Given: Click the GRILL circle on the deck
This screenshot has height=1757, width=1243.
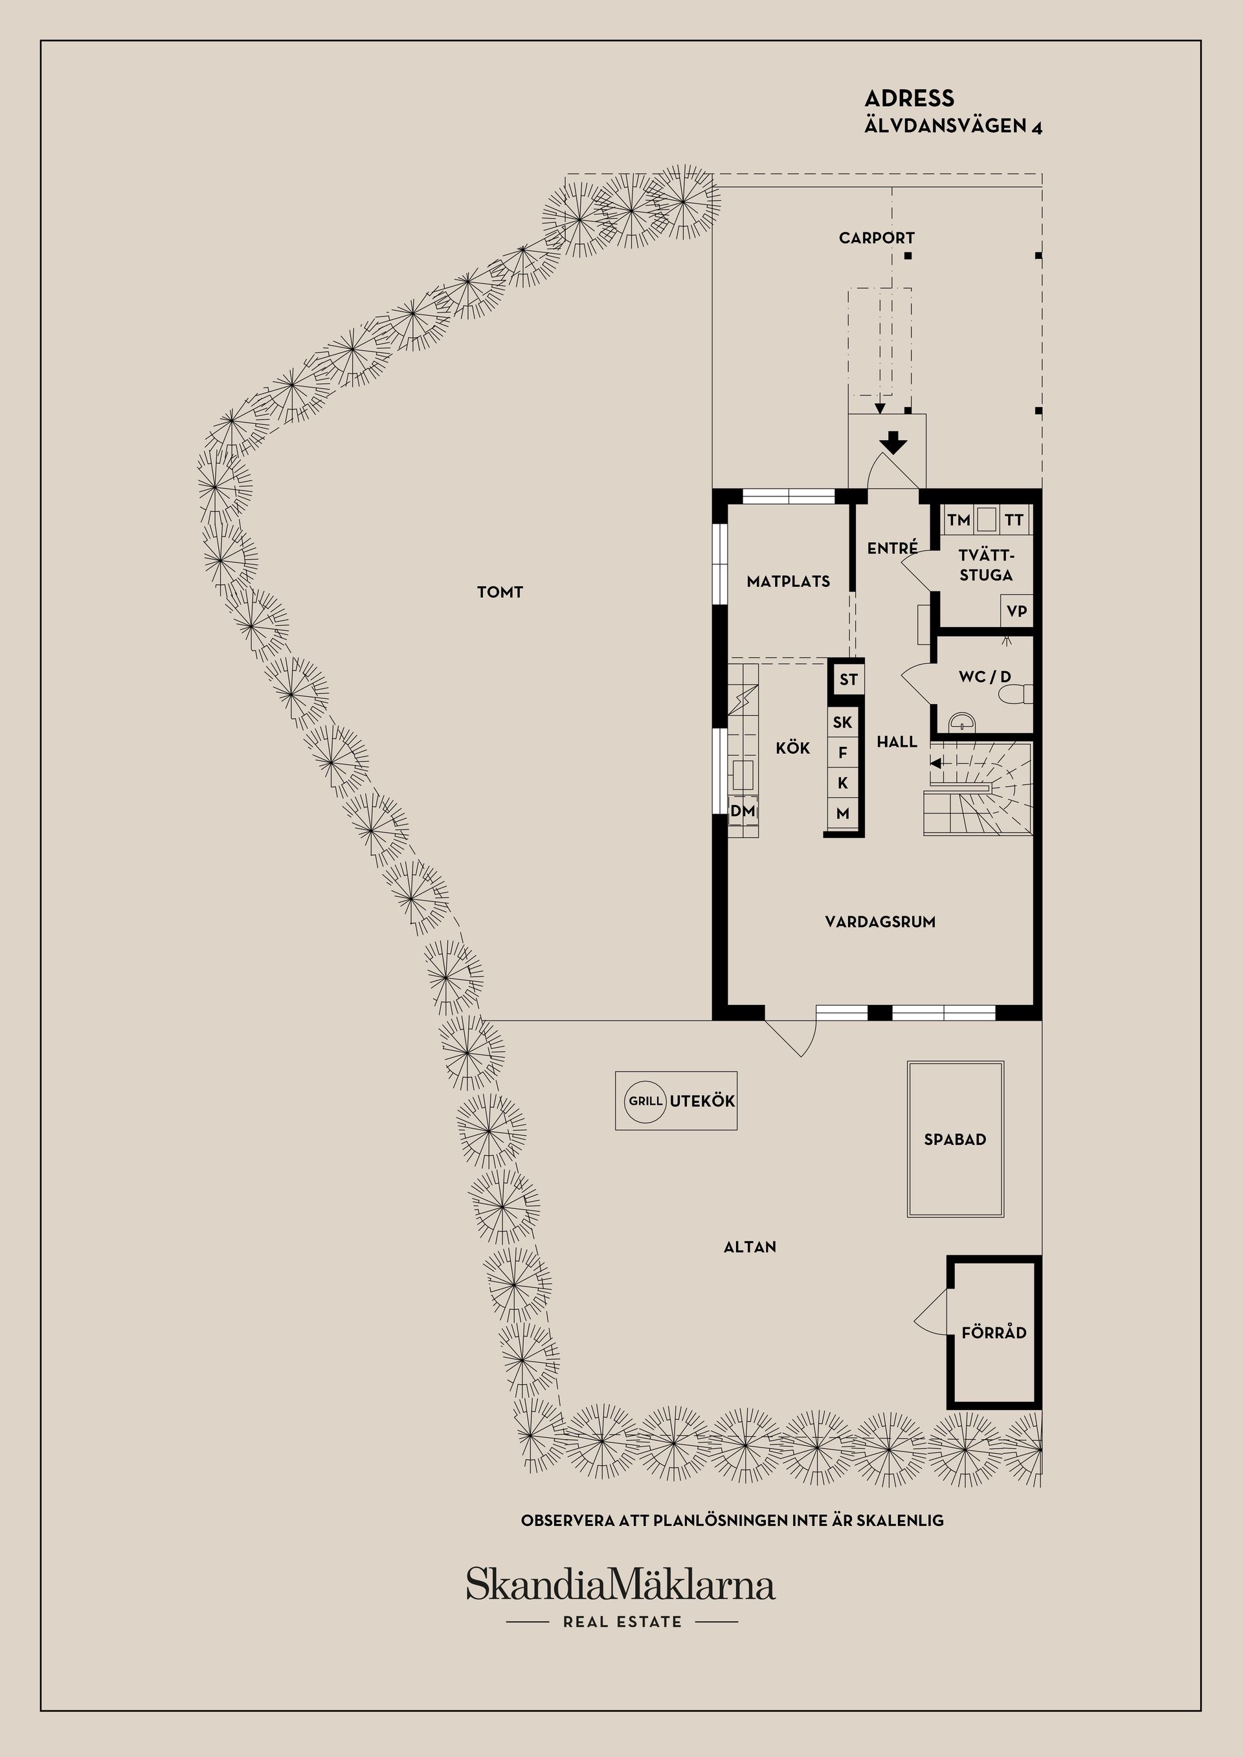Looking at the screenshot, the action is tap(645, 1102).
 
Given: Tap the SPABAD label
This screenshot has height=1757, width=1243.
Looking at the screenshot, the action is tap(954, 1140).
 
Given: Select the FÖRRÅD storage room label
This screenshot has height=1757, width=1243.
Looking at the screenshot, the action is tap(994, 1332).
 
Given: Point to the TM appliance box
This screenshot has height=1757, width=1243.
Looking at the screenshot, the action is tap(958, 520).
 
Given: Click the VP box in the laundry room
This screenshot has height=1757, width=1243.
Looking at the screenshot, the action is tap(1016, 612).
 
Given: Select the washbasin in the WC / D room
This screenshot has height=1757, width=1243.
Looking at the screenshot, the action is tap(961, 721).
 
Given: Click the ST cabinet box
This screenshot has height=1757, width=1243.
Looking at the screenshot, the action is tap(848, 680).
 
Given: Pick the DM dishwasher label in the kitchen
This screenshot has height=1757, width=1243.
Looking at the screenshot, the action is tap(743, 810).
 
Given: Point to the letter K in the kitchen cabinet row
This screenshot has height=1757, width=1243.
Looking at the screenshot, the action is tap(843, 783).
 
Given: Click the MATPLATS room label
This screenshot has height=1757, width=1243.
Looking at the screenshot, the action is tap(789, 582).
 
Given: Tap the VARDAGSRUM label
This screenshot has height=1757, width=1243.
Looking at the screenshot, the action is tap(880, 922).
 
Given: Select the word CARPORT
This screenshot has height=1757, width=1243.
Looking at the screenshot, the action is tap(877, 238).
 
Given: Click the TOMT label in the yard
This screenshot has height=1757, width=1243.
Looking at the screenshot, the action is tap(500, 591).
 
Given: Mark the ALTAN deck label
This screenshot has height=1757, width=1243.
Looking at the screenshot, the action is tap(750, 1246).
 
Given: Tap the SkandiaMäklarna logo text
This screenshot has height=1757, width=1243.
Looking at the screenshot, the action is tap(621, 1585).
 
